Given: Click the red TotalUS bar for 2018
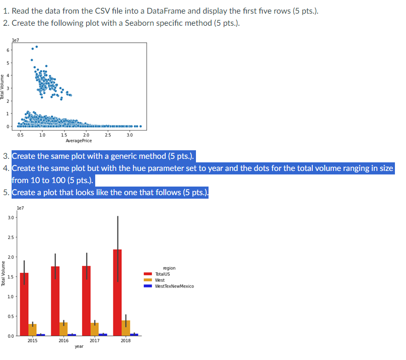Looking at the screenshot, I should click(x=117, y=292).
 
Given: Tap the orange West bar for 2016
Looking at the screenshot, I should click(x=63, y=329).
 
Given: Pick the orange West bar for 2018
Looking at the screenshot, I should click(x=126, y=328).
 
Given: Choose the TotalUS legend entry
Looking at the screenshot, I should click(x=162, y=274).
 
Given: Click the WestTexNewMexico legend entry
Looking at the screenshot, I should click(x=174, y=286).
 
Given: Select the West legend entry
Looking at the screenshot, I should click(x=160, y=280).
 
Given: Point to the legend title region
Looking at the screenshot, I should click(x=169, y=268).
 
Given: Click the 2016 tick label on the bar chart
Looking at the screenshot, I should click(x=63, y=341).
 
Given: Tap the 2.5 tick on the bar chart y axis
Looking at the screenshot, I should click(x=11, y=237).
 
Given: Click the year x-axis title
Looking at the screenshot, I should click(x=79, y=347).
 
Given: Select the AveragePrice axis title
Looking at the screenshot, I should click(x=79, y=141).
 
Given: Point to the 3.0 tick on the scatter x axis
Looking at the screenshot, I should click(x=129, y=135).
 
